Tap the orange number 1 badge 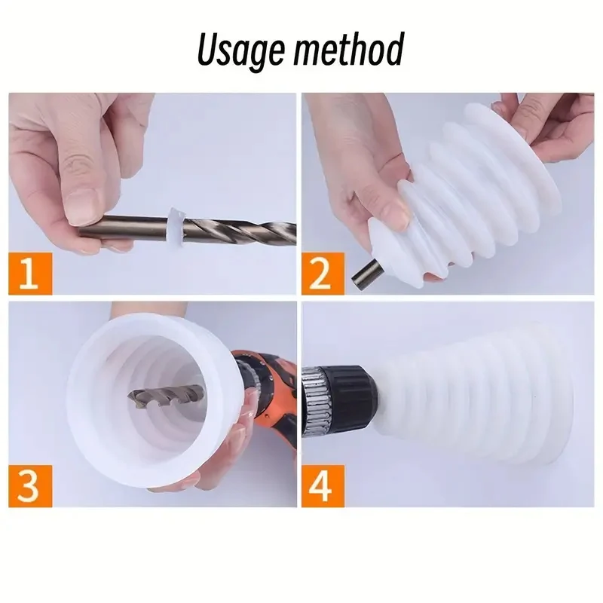(x=30, y=274)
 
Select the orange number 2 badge (x=323, y=274)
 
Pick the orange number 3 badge (x=30, y=485)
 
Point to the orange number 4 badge (x=323, y=485)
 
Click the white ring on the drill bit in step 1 (x=176, y=228)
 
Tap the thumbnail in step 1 (x=82, y=209)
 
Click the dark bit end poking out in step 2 (x=364, y=274)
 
